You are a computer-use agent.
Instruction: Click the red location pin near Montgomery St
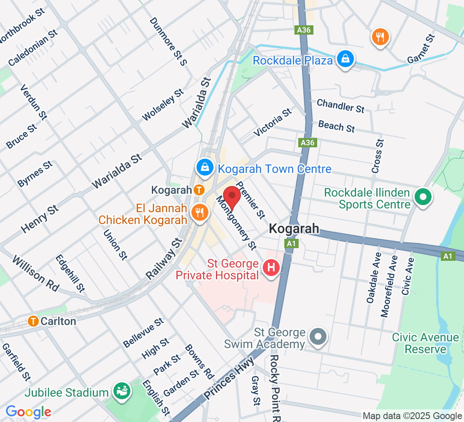click(x=232, y=197)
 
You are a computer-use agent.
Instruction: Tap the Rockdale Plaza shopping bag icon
click(x=345, y=60)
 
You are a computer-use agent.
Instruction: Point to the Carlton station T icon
click(x=33, y=321)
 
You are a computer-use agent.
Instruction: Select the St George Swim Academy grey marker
click(x=318, y=337)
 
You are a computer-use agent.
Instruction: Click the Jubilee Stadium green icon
click(x=122, y=391)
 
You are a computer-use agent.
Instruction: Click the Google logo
click(x=29, y=411)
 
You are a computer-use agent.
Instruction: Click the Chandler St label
click(x=340, y=106)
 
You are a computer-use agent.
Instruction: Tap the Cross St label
click(x=378, y=156)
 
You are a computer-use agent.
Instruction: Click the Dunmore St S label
click(x=168, y=41)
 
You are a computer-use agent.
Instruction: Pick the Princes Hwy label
click(x=229, y=378)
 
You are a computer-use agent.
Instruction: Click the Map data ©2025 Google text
click(x=413, y=416)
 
